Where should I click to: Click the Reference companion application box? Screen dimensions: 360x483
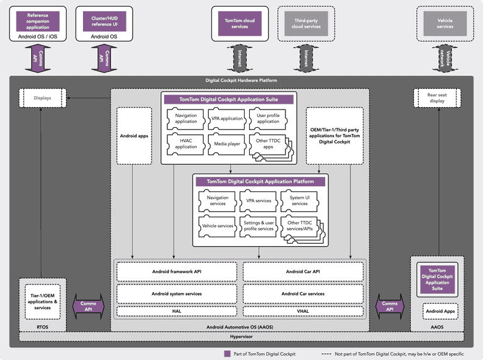coord(38,21)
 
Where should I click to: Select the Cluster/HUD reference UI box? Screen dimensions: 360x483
coord(101,21)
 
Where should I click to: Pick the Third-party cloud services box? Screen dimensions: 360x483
coord(307,23)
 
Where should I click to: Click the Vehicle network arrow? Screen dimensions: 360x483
coord(445,58)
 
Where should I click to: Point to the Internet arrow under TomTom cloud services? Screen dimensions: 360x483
coord(240,58)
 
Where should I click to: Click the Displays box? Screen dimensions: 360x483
coord(42,98)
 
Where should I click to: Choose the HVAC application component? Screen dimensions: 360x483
coord(186,143)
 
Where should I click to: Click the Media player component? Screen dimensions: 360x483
coord(227,143)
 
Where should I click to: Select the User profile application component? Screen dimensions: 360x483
coord(268,118)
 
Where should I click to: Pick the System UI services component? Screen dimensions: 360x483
coord(299,201)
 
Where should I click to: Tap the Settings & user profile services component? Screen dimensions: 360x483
coord(258,225)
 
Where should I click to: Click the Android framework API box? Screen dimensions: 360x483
coord(177,271)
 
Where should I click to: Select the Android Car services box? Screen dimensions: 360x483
coord(303,293)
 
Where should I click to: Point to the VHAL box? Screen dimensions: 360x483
coord(303,311)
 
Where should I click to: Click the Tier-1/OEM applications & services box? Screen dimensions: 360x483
coord(43,301)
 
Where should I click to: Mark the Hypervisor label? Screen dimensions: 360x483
coord(241,337)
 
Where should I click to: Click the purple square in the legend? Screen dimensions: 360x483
coord(228,354)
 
